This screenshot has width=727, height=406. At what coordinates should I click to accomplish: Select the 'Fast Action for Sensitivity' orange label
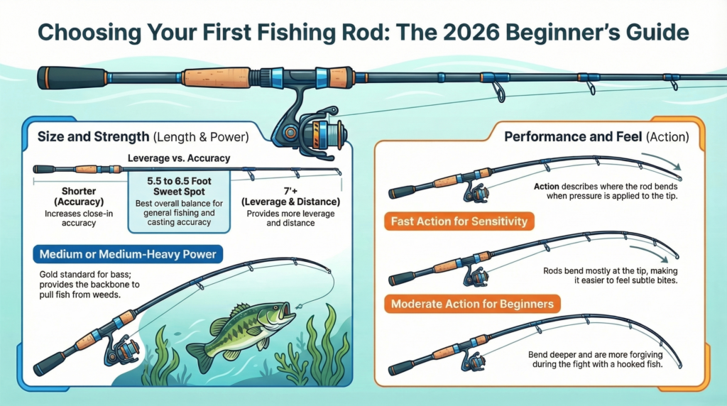pyautogui.click(x=459, y=221)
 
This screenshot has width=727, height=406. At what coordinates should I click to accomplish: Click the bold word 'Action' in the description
pyautogui.click(x=547, y=187)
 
